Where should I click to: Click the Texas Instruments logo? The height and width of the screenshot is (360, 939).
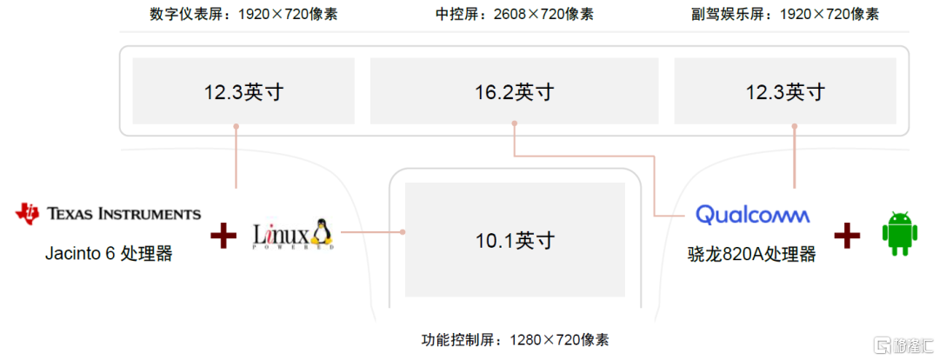[x=109, y=213]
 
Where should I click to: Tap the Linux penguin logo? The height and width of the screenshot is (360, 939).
[x=294, y=234]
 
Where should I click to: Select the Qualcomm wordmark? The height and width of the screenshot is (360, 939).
[x=753, y=214]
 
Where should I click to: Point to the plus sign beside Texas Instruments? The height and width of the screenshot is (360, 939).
[x=223, y=234]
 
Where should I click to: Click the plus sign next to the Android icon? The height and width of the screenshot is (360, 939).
[x=848, y=234]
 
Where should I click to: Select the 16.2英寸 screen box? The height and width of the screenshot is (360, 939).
[x=515, y=91]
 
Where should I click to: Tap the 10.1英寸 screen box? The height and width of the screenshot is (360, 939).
[x=515, y=240]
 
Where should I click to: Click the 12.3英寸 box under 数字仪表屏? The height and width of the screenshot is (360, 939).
[x=243, y=91]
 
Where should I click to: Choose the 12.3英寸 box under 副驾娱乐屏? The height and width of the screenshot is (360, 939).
[x=786, y=91]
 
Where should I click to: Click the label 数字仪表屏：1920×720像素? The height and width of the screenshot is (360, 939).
[x=243, y=14]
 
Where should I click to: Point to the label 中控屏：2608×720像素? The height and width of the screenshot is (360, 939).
[x=515, y=14]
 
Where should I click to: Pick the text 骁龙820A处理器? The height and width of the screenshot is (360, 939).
[x=751, y=254]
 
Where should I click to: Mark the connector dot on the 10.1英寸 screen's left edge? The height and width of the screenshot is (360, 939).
[x=404, y=232]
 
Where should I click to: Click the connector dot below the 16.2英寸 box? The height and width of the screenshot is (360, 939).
[x=515, y=124]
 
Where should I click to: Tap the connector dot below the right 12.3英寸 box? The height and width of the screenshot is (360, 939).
[x=795, y=125]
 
